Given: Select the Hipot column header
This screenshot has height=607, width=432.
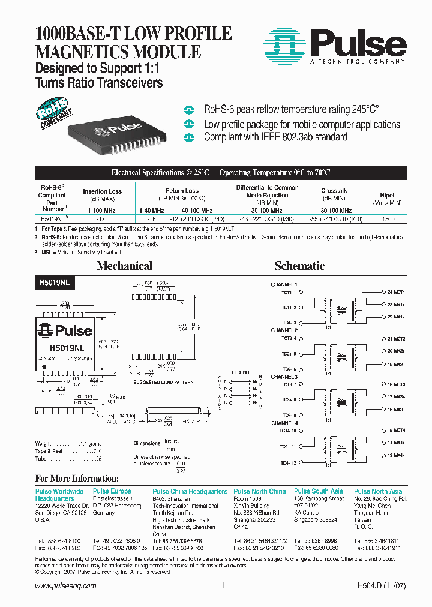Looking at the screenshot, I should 387,196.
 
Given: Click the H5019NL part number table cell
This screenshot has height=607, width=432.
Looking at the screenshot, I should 52,220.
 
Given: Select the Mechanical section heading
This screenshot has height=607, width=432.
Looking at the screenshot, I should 124,266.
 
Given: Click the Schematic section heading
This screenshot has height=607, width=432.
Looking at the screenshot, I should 299,266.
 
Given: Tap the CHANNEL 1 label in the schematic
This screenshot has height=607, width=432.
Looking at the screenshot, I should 284,284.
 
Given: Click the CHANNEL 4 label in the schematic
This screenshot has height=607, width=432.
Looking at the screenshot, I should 284,423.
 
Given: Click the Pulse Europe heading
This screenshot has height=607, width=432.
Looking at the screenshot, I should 112,491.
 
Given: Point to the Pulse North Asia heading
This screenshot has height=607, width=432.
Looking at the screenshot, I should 378,491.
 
